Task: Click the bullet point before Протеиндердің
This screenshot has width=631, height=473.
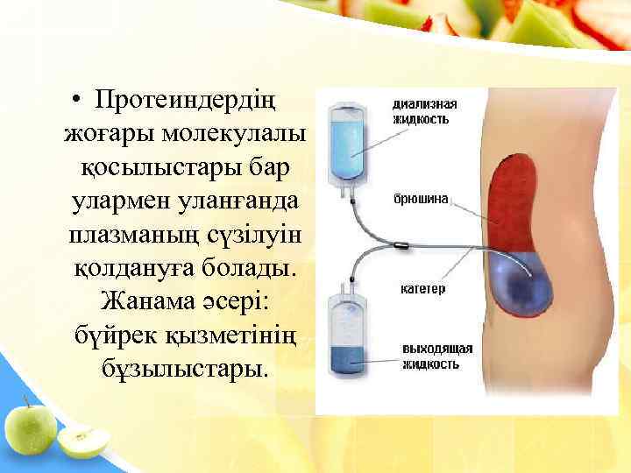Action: [78, 102]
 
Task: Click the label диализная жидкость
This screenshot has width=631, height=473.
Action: [423, 110]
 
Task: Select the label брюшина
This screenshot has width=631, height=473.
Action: [422, 199]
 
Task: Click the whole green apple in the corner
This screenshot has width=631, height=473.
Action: [30, 427]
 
